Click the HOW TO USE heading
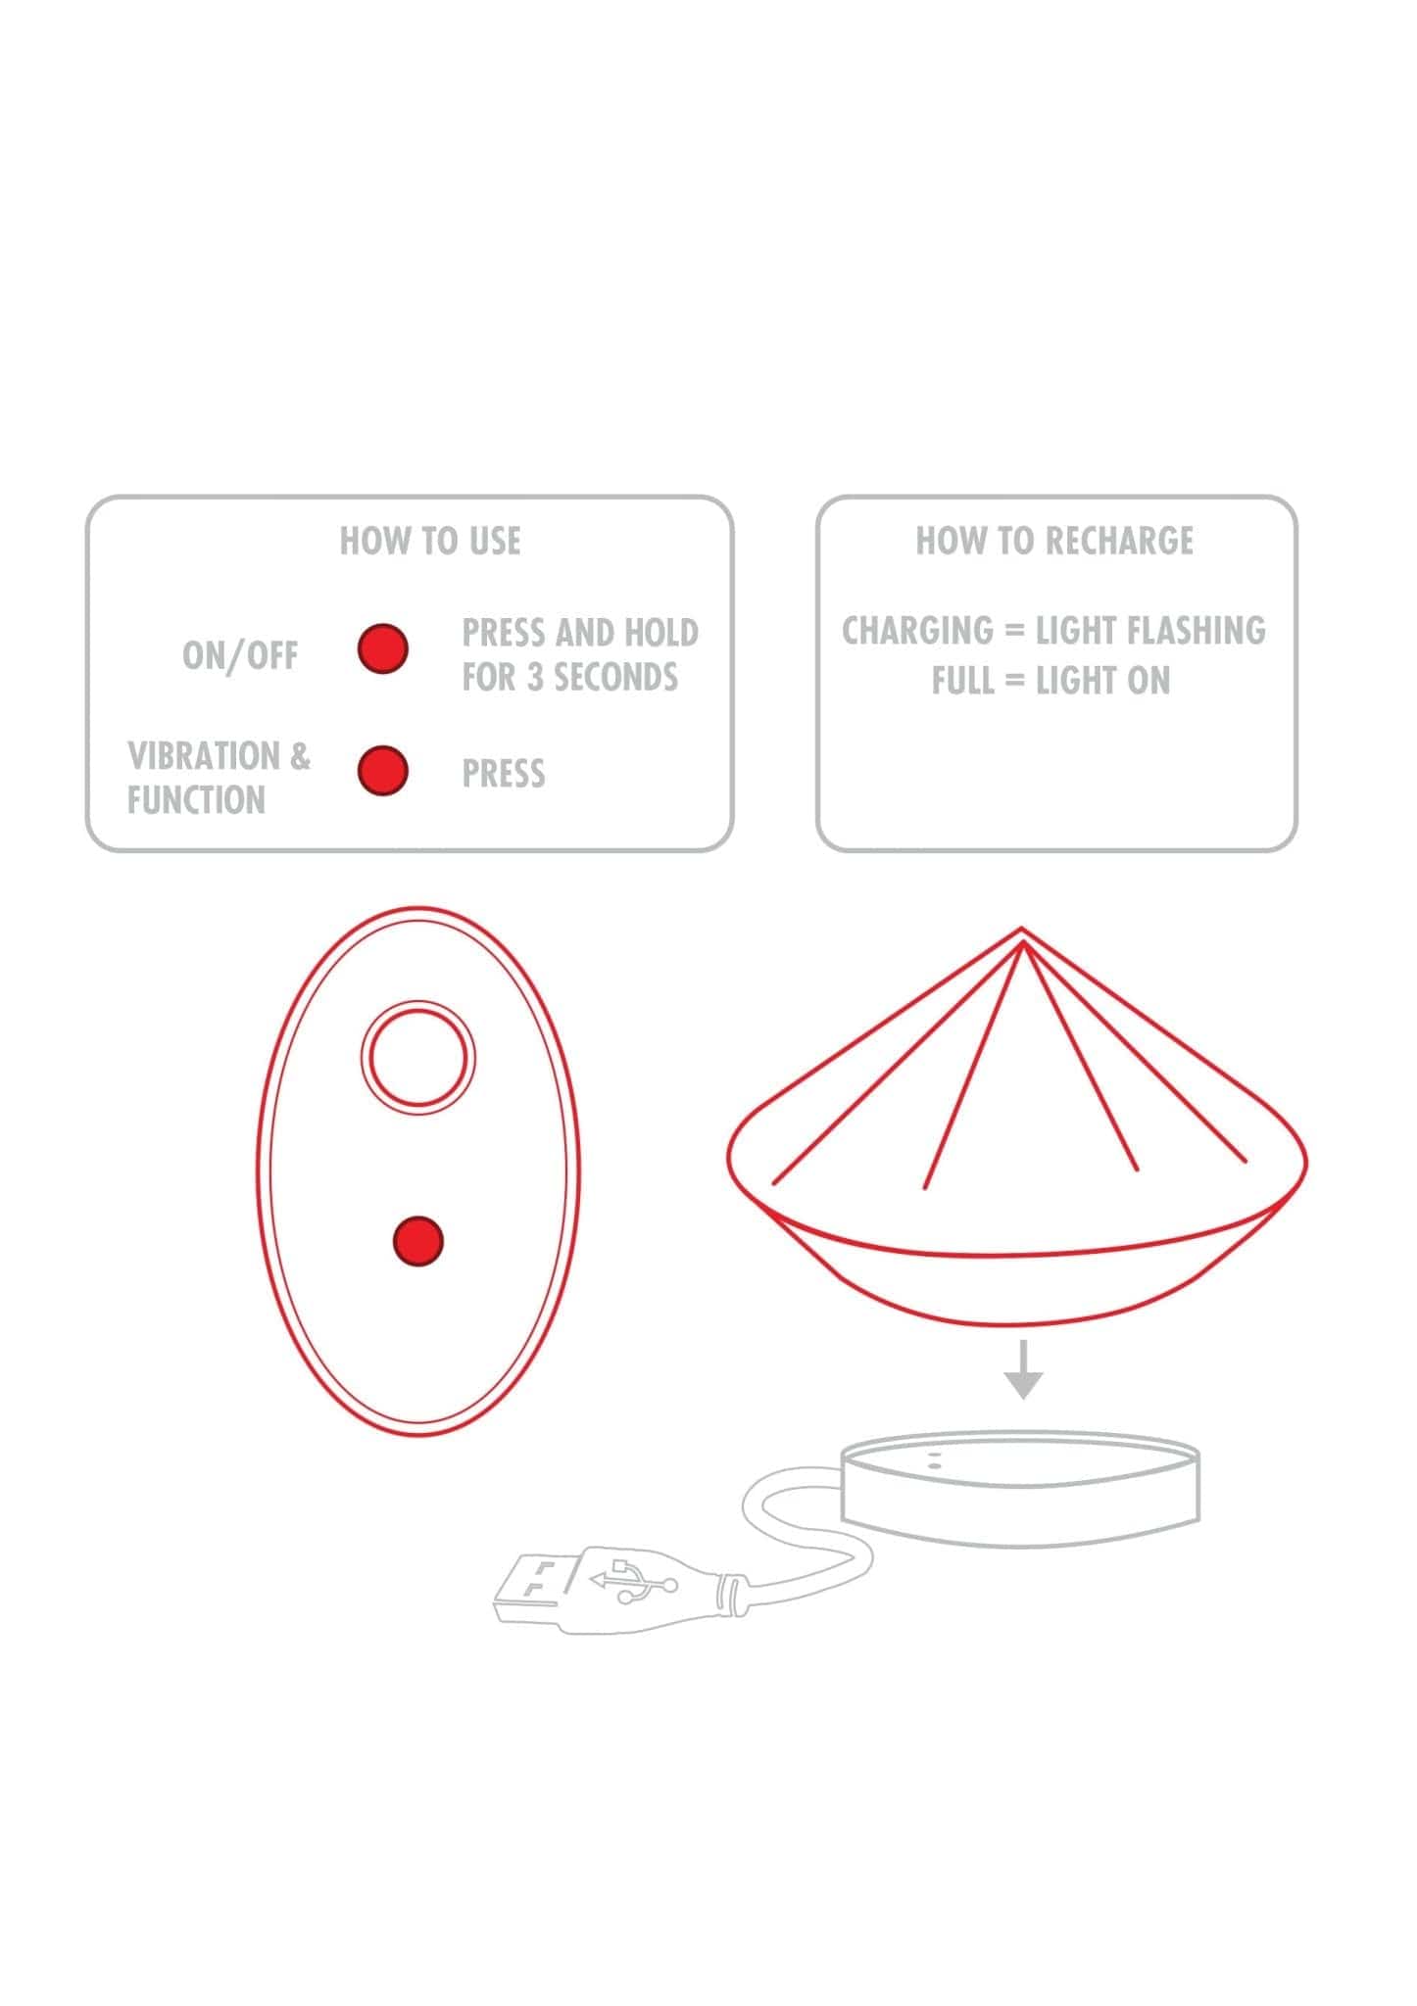pyautogui.click(x=430, y=541)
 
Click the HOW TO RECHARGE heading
pyautogui.click(x=1054, y=541)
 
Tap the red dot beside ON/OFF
pyautogui.click(x=382, y=648)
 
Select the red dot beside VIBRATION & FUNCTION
pyautogui.click(x=382, y=771)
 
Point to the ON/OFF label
pyautogui.click(x=240, y=655)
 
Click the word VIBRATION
pyautogui.click(x=204, y=755)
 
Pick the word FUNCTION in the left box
pyautogui.click(x=196, y=800)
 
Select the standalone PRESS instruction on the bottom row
pyautogui.click(x=504, y=774)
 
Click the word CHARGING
pyautogui.click(x=917, y=630)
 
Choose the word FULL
pyautogui.click(x=963, y=681)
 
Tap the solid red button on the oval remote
pyautogui.click(x=418, y=1241)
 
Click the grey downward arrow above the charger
pyautogui.click(x=1023, y=1369)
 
